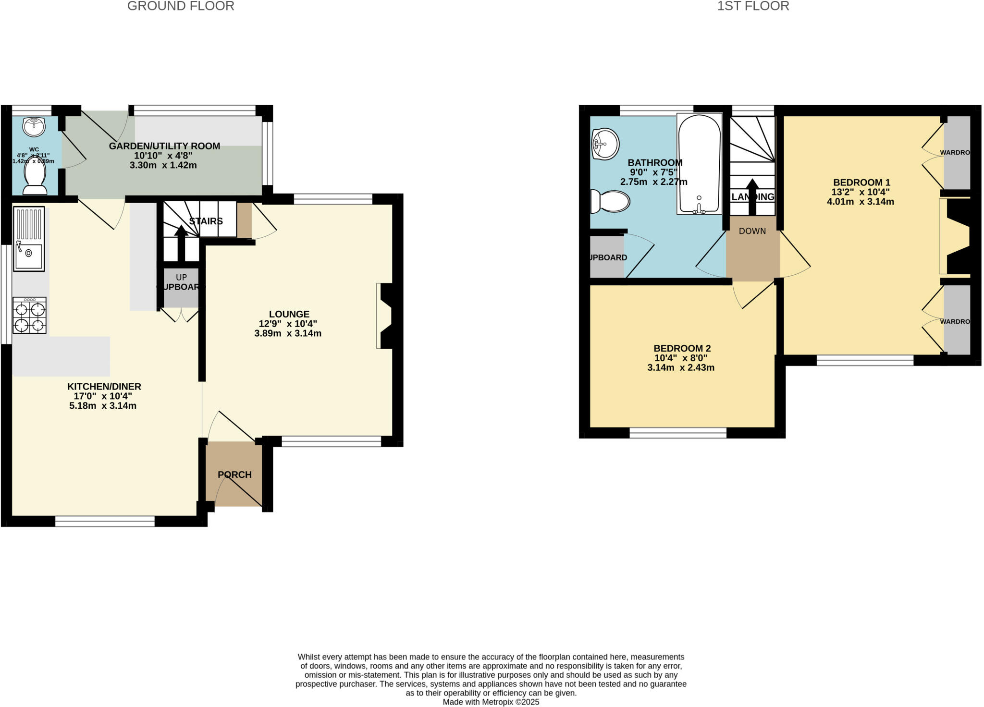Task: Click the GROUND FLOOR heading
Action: click(181, 6)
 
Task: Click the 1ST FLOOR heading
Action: click(753, 6)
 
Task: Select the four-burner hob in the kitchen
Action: click(30, 316)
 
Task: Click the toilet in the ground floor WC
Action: click(35, 179)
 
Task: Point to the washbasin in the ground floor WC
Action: click(34, 127)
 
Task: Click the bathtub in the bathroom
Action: click(699, 163)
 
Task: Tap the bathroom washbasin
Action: click(605, 144)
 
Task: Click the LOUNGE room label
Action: click(289, 314)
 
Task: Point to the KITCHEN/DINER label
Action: click(104, 387)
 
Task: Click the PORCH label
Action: click(234, 475)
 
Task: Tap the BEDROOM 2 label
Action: click(682, 348)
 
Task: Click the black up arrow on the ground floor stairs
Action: click(181, 243)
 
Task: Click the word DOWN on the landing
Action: click(752, 231)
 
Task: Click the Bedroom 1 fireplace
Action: click(956, 236)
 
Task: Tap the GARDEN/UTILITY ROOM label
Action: click(164, 146)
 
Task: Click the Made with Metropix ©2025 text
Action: click(491, 702)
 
